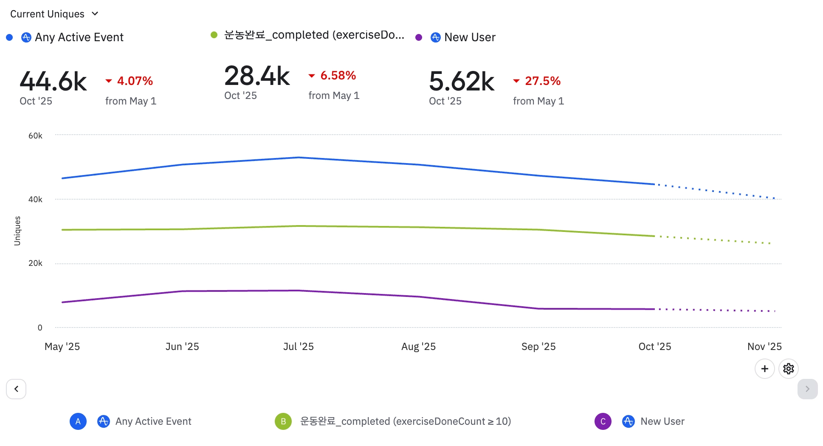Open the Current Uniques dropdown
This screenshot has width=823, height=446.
point(54,14)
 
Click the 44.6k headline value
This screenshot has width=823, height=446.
point(53,81)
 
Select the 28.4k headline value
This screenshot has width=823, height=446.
point(257,76)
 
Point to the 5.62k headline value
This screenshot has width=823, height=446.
point(462,81)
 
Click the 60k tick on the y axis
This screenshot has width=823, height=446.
point(35,136)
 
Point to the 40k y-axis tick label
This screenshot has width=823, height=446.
point(35,200)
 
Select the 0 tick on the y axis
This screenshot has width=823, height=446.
point(40,327)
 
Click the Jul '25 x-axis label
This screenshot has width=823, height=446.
point(299,347)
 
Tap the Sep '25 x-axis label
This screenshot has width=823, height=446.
point(538,347)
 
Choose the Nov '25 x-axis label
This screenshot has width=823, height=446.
point(764,347)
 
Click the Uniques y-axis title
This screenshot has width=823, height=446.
point(17,231)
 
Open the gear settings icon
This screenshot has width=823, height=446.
point(789,369)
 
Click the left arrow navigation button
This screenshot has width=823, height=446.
point(16,389)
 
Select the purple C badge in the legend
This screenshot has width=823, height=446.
point(603,421)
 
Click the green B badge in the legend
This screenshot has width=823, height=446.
point(283,421)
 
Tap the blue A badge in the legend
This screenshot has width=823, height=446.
point(78,421)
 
